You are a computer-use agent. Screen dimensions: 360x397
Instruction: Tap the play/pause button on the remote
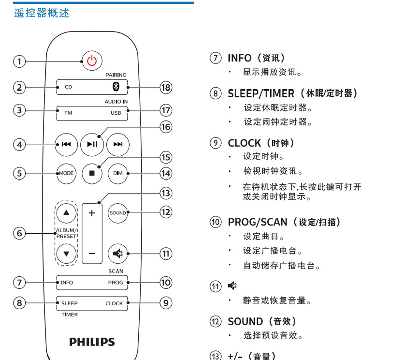[92, 145]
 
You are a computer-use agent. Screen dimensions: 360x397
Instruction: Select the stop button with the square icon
[92, 173]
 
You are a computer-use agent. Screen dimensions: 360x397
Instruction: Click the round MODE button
[66, 173]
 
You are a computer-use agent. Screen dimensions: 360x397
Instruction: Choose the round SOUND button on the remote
[118, 213]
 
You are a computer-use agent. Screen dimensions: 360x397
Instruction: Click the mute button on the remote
[118, 253]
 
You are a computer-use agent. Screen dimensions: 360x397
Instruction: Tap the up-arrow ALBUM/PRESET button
[66, 213]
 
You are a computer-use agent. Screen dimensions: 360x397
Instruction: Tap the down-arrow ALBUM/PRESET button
[66, 253]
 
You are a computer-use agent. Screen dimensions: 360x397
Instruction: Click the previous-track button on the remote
[66, 145]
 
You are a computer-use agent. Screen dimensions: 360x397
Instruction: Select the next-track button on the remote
[118, 145]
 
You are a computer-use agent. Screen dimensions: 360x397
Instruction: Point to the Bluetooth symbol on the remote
[115, 87]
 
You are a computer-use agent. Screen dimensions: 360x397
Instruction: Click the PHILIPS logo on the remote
[92, 342]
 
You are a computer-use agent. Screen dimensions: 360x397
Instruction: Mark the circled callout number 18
[165, 87]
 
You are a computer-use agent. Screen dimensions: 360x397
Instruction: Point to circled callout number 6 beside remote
[19, 233]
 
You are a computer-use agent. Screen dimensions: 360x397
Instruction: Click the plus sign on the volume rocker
[92, 213]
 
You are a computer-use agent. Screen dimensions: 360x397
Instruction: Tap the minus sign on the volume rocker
[92, 253]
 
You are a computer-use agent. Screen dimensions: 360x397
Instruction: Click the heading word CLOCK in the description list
[244, 143]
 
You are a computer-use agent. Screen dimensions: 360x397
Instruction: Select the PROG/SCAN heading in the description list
[257, 222]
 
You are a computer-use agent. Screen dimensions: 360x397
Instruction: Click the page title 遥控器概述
[42, 13]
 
